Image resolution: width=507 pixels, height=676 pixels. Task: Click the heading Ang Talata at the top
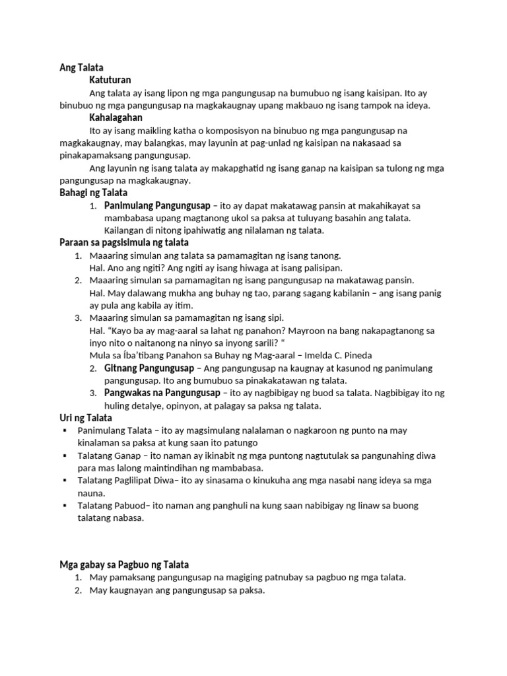click(x=78, y=68)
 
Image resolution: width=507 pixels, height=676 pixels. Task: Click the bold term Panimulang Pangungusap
click(x=156, y=205)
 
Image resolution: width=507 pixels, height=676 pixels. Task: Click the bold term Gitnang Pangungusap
click(x=149, y=368)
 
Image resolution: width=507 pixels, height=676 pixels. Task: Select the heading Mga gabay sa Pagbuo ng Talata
click(x=124, y=564)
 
